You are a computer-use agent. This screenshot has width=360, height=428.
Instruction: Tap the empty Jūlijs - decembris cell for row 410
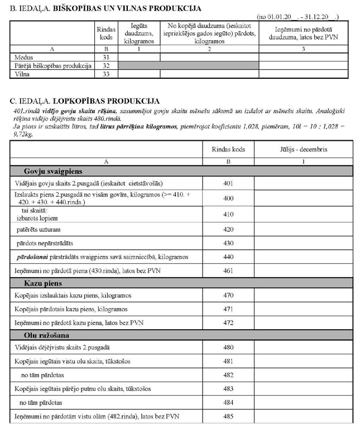coord(304,215)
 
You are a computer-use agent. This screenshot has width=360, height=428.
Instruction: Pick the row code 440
coord(228,256)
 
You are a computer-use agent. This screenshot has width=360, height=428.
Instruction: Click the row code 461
coord(228,270)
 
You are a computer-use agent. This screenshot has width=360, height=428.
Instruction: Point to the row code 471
coord(228,309)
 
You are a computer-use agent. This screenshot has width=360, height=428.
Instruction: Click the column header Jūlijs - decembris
coord(304,150)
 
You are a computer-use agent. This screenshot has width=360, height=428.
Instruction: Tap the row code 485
coord(228,416)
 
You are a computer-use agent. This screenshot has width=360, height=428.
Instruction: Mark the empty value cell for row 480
coord(304,348)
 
